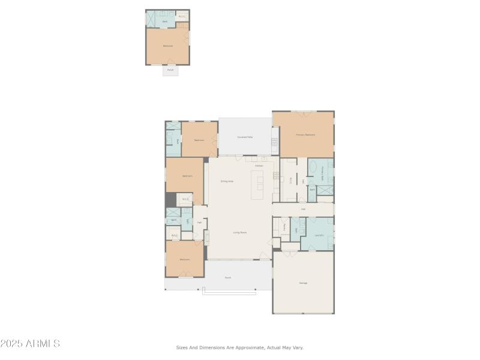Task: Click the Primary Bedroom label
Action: click(305, 135)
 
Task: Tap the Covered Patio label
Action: click(245, 137)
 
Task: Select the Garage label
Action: click(303, 283)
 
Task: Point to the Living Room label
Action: click(240, 232)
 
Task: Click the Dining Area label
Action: click(227, 181)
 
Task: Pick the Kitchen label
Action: click(259, 166)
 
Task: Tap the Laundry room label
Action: click(320, 235)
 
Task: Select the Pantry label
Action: click(284, 227)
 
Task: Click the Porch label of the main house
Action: click(228, 278)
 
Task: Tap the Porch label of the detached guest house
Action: click(170, 70)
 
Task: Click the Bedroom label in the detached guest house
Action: click(168, 46)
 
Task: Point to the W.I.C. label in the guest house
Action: click(182, 16)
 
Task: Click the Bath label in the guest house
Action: click(165, 22)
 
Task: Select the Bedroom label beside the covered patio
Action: click(199, 140)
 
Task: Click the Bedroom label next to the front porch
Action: click(185, 259)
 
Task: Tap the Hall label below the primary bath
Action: click(304, 209)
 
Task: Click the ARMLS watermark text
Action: click(30, 344)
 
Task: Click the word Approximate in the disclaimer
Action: click(249, 347)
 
